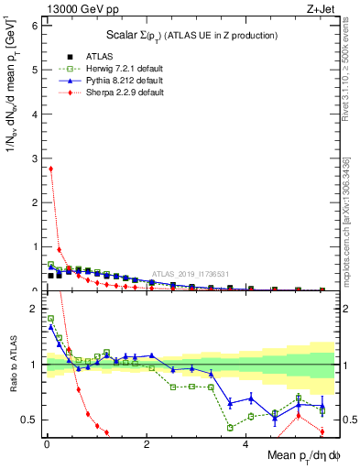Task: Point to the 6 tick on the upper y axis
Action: [34, 26]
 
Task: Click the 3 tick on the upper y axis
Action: [34, 158]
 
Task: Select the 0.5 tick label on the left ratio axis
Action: [30, 420]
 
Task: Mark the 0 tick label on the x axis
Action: [47, 444]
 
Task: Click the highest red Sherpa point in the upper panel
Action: [50, 169]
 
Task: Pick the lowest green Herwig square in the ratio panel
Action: [230, 428]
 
